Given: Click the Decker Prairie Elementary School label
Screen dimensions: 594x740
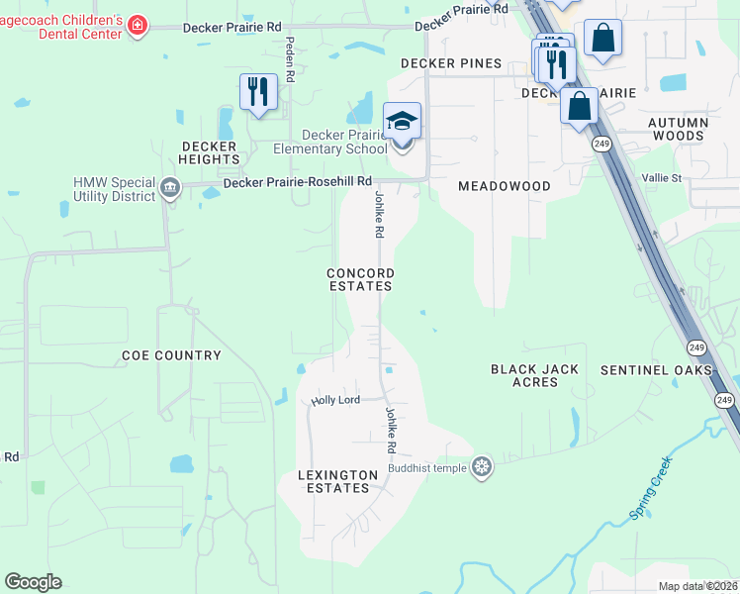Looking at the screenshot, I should (x=329, y=142).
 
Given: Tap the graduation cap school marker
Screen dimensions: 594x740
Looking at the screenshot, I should (x=403, y=122).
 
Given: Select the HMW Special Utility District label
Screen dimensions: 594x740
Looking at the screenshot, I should (x=115, y=189).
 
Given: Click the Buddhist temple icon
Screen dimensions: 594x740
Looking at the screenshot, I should (x=482, y=466).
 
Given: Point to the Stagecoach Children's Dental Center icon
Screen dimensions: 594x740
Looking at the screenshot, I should (x=139, y=25).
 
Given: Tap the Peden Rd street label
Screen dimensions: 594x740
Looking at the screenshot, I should (x=290, y=58).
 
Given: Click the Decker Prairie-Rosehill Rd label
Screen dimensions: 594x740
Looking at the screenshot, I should (x=298, y=182).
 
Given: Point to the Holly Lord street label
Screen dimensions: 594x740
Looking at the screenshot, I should (x=334, y=401).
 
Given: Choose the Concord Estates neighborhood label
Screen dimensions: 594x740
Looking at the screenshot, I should (x=361, y=279).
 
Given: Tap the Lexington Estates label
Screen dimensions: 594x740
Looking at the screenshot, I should (x=337, y=481).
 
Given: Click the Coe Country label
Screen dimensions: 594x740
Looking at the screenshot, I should (x=171, y=354).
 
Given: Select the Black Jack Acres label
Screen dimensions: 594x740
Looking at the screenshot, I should (x=534, y=375).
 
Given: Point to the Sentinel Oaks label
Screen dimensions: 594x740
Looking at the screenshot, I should (x=656, y=369).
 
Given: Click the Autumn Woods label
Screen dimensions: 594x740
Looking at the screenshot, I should (x=678, y=129).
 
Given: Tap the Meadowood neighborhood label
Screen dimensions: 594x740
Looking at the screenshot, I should (x=504, y=186).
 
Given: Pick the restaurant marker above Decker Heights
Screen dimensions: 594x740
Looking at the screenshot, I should (x=258, y=92).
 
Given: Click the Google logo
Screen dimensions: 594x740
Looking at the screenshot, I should (x=33, y=581).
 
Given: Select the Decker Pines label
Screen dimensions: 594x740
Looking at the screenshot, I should (x=450, y=63).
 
